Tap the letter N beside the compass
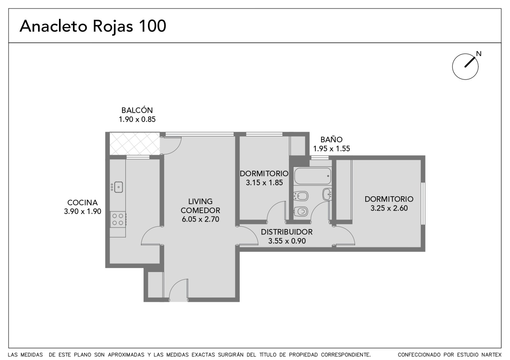[479, 54]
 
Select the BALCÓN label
[137, 110]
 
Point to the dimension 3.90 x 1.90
[83, 212]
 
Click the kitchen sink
[118, 187]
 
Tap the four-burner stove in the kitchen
[118, 220]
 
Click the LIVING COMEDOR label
[200, 206]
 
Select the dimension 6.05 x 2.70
[200, 219]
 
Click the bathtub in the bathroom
[313, 176]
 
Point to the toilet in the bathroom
[301, 212]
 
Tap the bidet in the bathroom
[301, 196]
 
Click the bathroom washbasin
[327, 194]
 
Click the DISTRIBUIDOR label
[287, 232]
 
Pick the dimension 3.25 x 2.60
[389, 208]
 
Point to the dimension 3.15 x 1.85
[264, 183]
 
